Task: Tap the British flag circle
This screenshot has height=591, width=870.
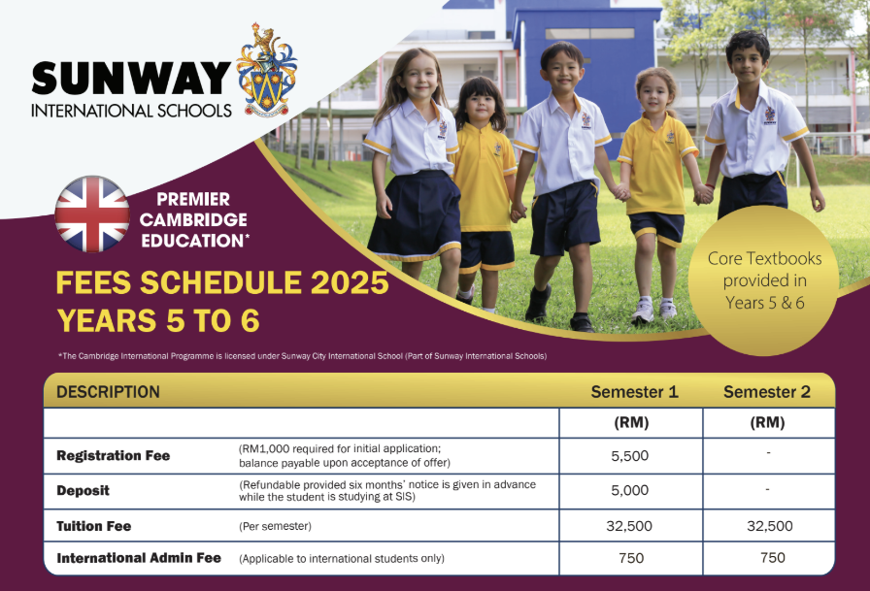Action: (92, 214)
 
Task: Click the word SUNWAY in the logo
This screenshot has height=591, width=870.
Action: (131, 78)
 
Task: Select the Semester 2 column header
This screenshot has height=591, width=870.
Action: (767, 392)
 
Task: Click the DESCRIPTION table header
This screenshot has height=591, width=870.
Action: (108, 392)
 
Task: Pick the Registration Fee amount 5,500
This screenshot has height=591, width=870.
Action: (630, 455)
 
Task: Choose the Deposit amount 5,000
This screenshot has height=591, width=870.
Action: (630, 490)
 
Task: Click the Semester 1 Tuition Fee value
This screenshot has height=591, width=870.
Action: (630, 526)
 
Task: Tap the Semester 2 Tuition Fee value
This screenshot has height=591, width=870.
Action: (770, 526)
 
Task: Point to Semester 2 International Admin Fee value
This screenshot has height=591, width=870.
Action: (773, 557)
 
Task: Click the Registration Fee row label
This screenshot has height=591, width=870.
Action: (113, 455)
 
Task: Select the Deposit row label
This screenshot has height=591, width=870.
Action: (83, 491)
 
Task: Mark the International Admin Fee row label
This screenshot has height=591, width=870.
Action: (139, 558)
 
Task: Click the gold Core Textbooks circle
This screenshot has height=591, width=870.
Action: (764, 280)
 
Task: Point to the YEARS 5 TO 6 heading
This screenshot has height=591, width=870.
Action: (158, 320)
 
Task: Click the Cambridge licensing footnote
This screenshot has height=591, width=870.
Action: (301, 356)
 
